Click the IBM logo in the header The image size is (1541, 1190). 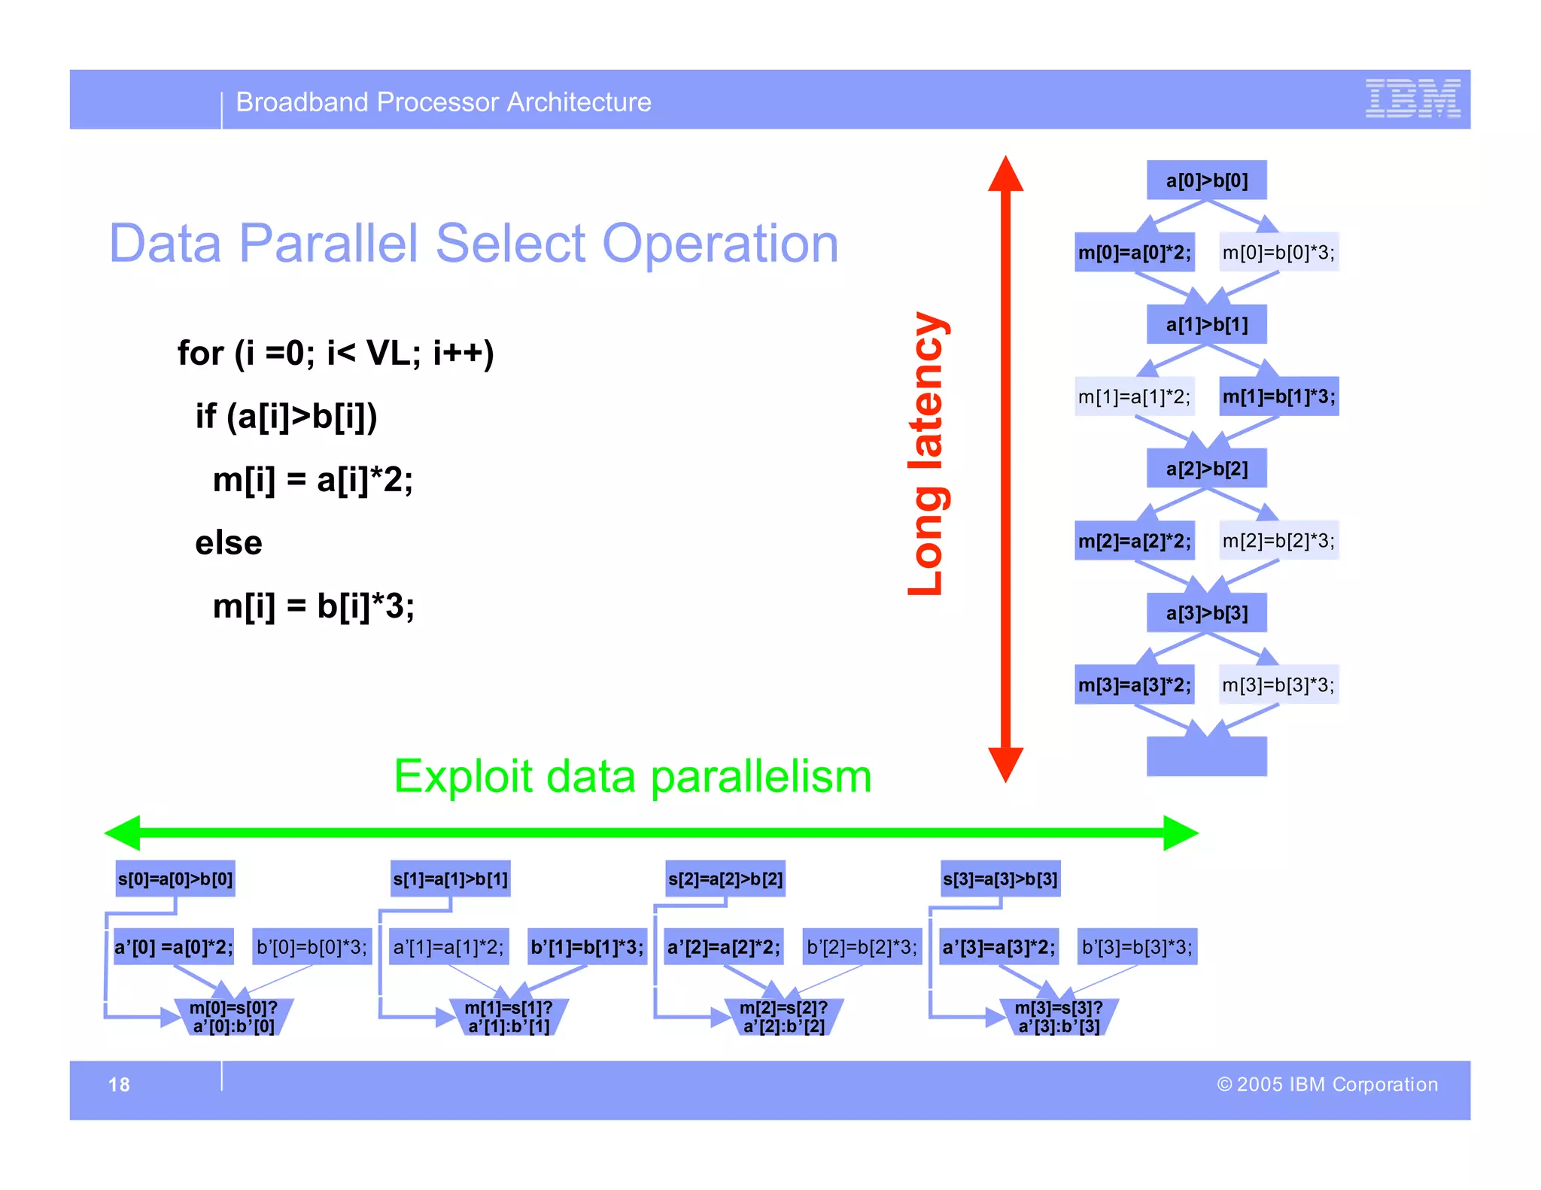(x=1412, y=99)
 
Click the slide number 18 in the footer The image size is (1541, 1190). (x=119, y=1084)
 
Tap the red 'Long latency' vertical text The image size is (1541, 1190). (x=926, y=454)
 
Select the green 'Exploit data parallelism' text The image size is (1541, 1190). (x=632, y=776)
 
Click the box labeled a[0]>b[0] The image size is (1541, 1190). (x=1206, y=181)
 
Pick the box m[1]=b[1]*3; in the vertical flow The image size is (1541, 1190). (x=1278, y=396)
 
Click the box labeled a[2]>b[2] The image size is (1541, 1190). (x=1206, y=469)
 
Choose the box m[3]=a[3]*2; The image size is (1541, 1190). (x=1134, y=685)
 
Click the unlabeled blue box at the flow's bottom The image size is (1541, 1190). (x=1206, y=756)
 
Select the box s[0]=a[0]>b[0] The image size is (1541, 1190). (x=175, y=879)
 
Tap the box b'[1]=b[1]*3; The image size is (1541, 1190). (x=587, y=946)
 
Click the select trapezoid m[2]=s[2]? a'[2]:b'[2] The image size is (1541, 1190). (x=783, y=1017)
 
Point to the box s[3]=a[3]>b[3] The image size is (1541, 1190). (x=1000, y=879)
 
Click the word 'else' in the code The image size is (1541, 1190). (x=229, y=542)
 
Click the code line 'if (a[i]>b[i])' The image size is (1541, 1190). (x=286, y=416)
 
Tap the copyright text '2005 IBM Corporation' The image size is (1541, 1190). (x=1327, y=1084)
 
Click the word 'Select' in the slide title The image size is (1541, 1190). (x=509, y=244)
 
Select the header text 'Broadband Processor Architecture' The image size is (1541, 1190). (x=443, y=102)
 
